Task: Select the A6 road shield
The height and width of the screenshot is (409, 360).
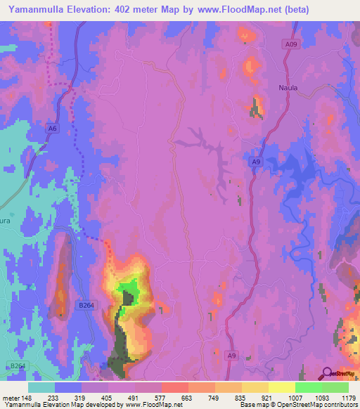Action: [52, 127]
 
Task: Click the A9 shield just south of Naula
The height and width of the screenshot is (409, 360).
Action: [257, 162]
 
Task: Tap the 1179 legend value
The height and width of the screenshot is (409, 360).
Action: [347, 398]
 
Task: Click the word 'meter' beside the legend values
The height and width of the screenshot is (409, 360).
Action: [9, 398]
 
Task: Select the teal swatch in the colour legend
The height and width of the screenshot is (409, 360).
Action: [41, 387]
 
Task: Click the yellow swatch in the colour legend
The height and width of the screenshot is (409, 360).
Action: [281, 387]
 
